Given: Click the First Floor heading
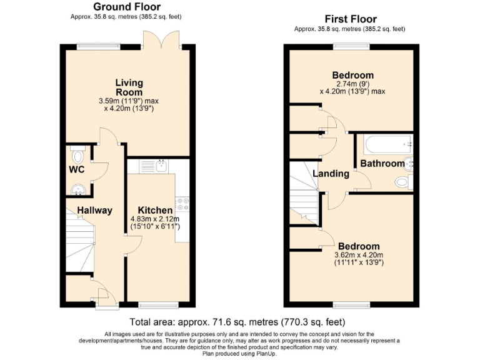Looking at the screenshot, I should pos(349,19).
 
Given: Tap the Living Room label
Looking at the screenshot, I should pos(129,87).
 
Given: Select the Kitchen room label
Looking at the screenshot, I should pos(151,210).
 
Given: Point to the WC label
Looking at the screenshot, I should pos(77,169).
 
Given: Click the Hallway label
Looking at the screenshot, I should pos(94,210).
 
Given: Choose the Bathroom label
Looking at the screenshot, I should pos(382,164).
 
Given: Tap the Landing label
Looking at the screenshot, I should pos(331,173).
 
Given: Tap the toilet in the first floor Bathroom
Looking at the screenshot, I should pos(404,182).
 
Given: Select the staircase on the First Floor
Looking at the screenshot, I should pos(304,191).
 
